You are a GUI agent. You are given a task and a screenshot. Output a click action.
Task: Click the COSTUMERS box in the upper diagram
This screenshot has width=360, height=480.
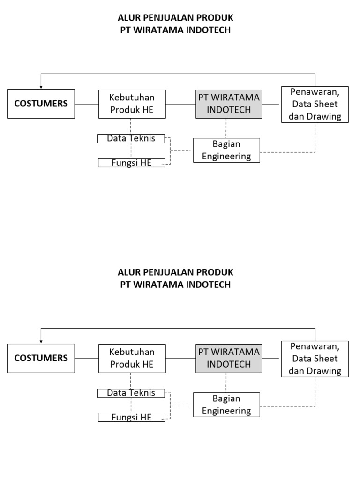[41, 104]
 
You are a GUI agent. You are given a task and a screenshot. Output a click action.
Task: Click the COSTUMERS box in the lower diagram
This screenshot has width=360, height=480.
[41, 358]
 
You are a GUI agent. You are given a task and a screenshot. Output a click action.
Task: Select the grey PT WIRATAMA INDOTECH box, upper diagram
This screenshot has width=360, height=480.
[229, 104]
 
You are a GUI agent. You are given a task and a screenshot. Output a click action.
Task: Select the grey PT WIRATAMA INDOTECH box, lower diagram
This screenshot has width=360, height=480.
[229, 358]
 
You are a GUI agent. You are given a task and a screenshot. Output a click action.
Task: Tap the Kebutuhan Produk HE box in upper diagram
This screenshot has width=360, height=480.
[132, 104]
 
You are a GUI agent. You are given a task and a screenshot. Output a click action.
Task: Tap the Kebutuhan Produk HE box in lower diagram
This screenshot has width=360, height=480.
[132, 358]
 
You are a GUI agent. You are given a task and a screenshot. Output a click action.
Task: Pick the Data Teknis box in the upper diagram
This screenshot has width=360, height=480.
[131, 138]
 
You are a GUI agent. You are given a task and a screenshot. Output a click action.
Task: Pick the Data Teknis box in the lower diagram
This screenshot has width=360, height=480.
[131, 393]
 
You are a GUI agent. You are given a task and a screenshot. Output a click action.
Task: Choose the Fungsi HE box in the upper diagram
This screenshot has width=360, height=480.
[131, 163]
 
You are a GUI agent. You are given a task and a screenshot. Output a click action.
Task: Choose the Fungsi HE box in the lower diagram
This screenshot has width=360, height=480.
[131, 418]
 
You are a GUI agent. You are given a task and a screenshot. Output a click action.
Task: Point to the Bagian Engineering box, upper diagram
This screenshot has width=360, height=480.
[226, 150]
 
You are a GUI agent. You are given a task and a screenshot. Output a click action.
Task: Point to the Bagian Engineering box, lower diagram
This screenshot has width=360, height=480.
[226, 405]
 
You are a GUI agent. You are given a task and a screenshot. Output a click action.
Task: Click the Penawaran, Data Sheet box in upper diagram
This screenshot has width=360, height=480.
[315, 104]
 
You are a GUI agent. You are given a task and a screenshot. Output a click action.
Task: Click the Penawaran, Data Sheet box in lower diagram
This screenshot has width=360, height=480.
[315, 359]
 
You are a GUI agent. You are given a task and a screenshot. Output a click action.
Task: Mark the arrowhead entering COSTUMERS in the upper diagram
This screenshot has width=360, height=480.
[41, 87]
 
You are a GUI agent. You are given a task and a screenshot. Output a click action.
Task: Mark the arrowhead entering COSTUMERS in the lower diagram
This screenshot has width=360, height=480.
[41, 342]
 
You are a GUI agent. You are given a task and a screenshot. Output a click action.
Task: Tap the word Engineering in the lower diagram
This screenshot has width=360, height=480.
[226, 411]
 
